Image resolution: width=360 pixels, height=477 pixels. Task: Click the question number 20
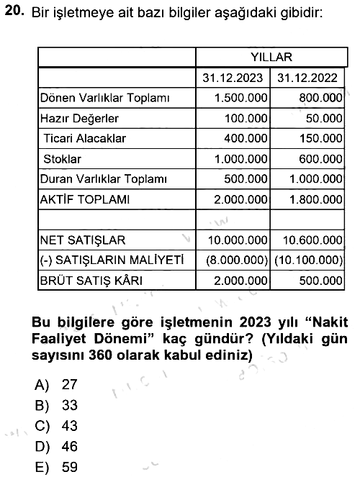pos(14,11)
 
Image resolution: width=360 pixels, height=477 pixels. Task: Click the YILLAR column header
pos(271,57)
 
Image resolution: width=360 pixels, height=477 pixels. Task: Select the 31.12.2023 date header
pos(233,78)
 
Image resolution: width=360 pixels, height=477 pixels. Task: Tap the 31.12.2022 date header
pos(307,78)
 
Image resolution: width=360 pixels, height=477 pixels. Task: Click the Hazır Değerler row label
pos(79,118)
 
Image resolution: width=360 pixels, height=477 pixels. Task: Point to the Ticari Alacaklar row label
pos(84,138)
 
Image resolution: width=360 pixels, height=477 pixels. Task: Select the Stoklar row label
pos(63,159)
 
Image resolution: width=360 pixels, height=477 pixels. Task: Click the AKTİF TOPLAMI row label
pos(84,199)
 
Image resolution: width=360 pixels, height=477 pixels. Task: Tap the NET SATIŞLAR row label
pos(83,240)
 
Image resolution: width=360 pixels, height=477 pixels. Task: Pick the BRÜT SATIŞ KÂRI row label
pos(91,281)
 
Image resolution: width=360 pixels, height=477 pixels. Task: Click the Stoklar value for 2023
pos(241,159)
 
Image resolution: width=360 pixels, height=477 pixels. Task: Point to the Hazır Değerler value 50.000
pos(324,118)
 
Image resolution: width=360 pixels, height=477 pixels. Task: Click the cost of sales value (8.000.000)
pos(237,260)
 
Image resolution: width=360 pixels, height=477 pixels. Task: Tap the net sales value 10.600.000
pos(312,240)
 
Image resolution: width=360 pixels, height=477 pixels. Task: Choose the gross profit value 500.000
pos(320,281)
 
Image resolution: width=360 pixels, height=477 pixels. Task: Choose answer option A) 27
pos(56,384)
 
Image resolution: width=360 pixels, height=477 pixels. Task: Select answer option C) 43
pos(56,426)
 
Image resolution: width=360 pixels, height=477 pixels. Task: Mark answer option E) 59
pos(56,467)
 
